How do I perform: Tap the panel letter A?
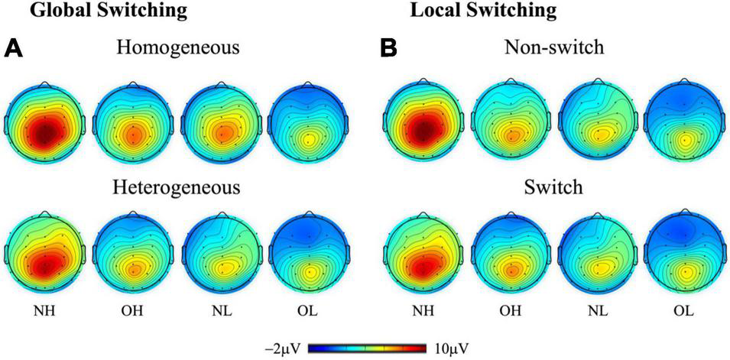point(15,48)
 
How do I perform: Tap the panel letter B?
point(389,48)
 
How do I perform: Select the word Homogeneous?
point(178,48)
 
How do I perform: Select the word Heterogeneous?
point(178,188)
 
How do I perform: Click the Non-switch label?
point(555,48)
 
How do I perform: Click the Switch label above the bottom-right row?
point(555,188)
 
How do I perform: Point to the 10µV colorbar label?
point(447,349)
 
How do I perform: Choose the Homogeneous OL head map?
point(309,122)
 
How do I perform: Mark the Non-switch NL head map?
point(598,122)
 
